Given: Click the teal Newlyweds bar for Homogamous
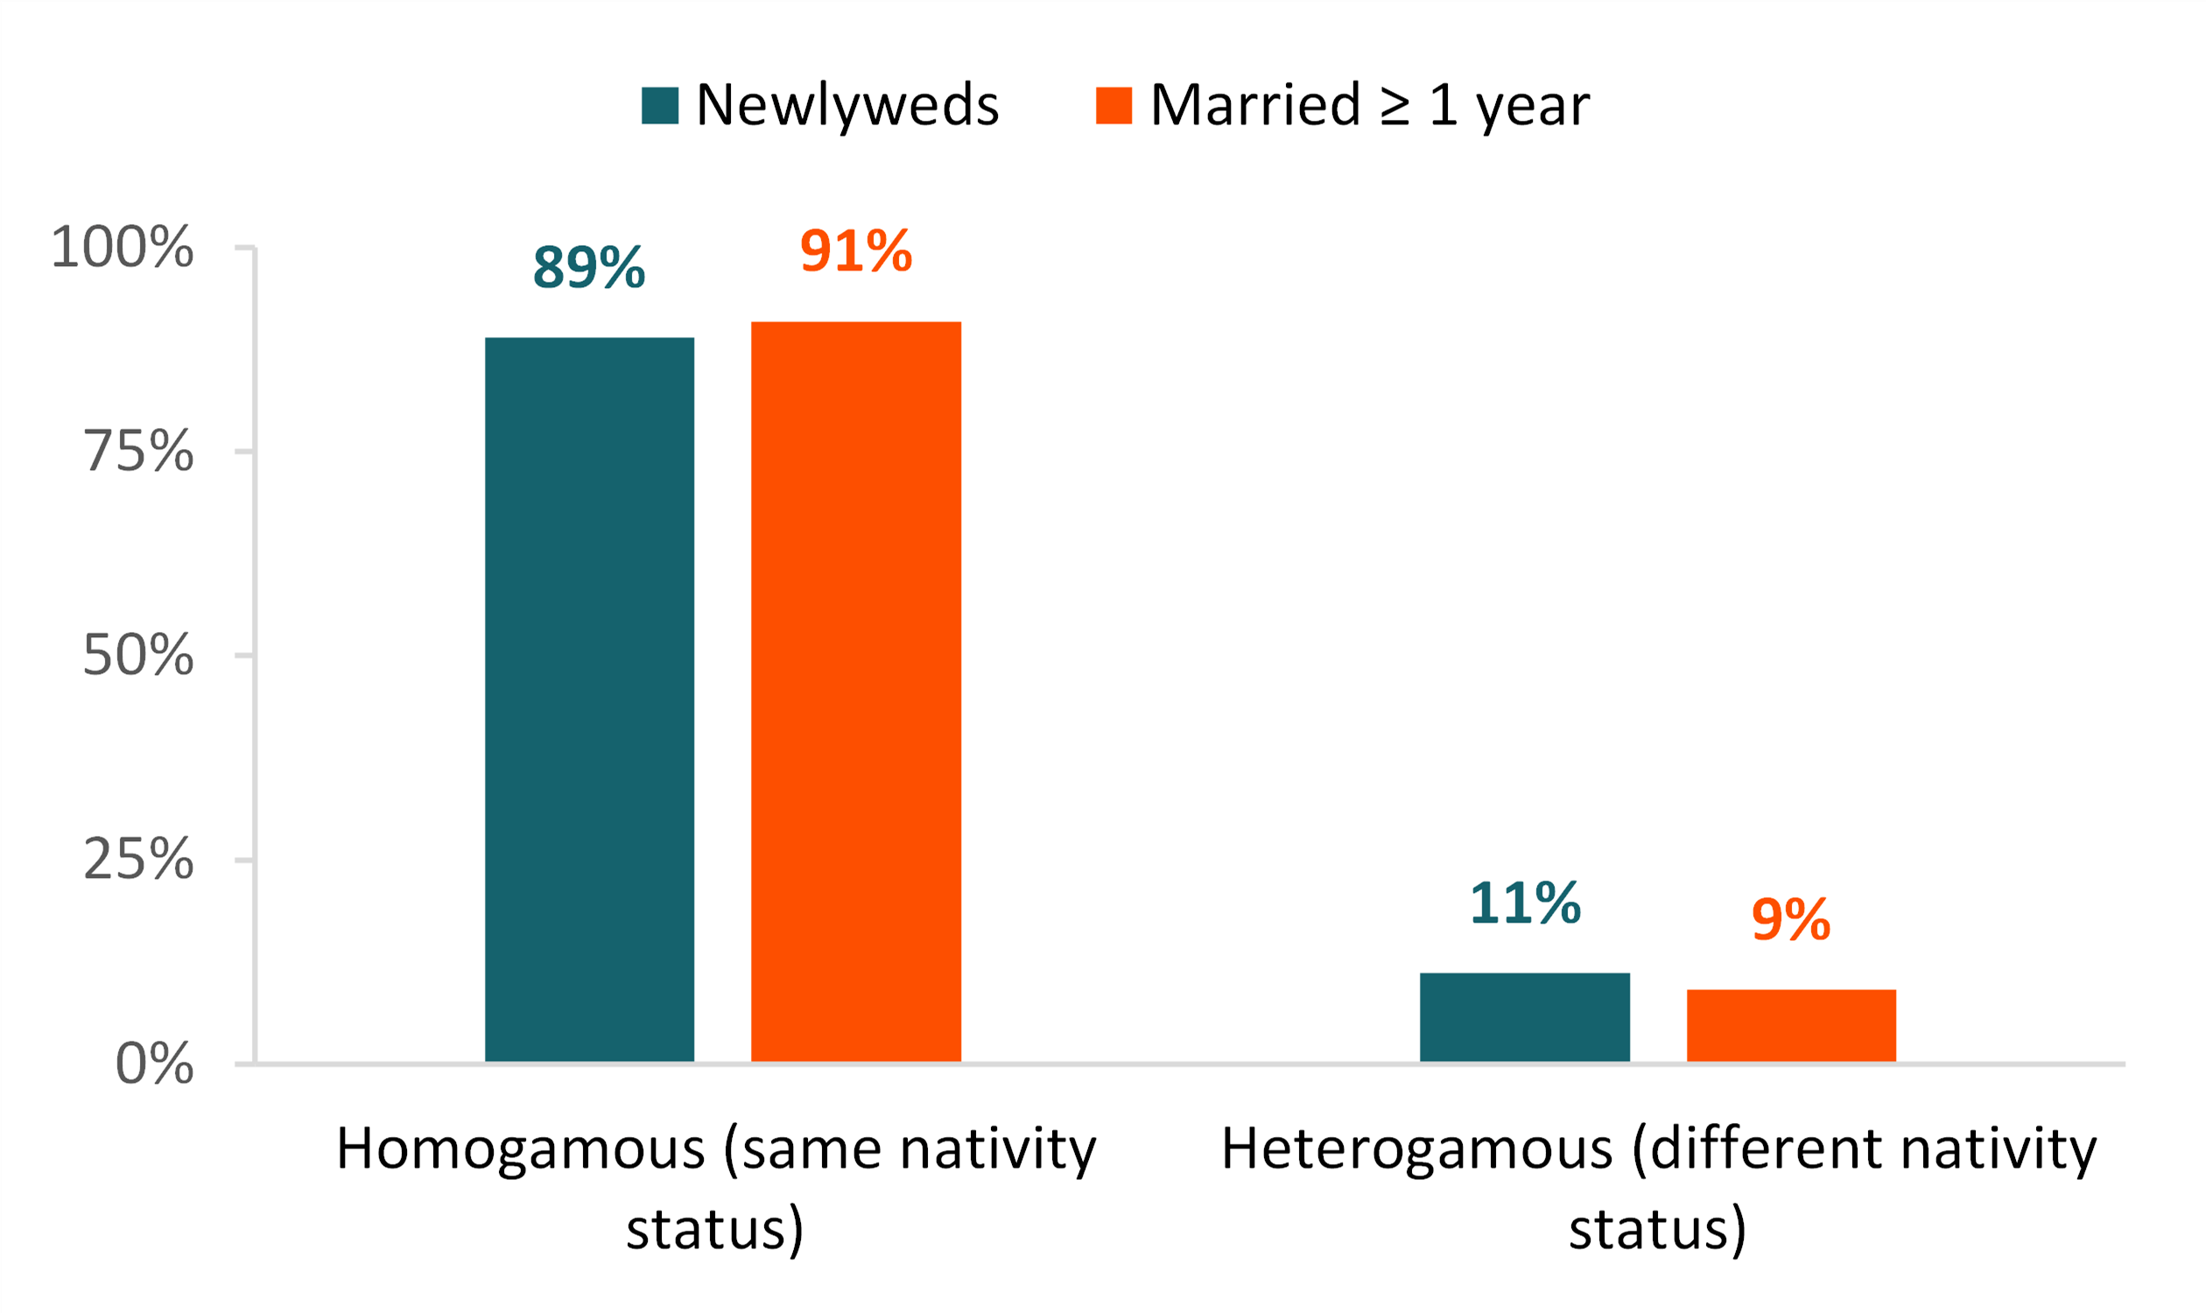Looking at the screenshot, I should tap(589, 699).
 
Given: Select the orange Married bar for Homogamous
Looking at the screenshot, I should tap(855, 691).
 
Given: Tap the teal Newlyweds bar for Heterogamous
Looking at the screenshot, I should tap(1525, 1016).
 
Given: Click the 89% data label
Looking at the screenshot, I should tap(589, 267).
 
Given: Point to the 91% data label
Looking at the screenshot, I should tap(855, 251).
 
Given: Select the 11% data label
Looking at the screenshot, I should tap(1525, 903).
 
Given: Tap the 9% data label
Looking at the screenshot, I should tap(1791, 920).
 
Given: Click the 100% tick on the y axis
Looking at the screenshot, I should tap(122, 247).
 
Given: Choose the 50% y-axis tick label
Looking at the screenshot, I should tap(138, 656).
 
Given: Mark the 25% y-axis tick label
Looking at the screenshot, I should tap(138, 859).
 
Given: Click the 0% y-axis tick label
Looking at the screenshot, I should tap(154, 1064).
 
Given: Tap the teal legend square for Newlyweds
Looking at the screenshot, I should tap(660, 105).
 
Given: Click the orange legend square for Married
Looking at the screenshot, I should tap(1114, 105).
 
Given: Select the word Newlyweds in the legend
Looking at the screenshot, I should tap(847, 105).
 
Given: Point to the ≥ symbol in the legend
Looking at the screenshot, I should tap(1395, 107).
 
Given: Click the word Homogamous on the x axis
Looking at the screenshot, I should tap(521, 1150).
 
